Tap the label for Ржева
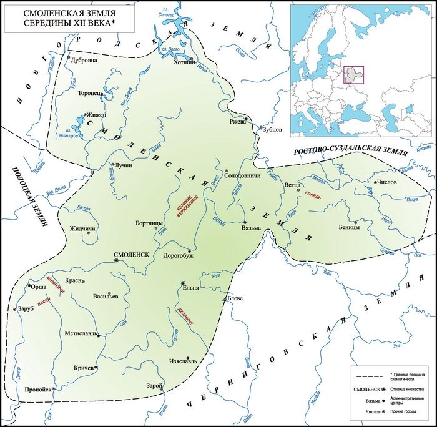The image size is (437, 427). (238, 121)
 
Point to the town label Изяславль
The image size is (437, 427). (184, 361)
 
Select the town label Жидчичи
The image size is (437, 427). (82, 228)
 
